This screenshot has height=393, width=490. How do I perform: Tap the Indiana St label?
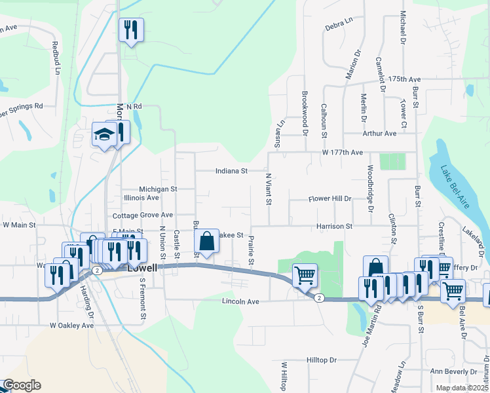click(x=232, y=171)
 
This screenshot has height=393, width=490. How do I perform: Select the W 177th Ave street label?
click(x=342, y=153)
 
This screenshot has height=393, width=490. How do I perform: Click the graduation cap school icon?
click(x=104, y=134)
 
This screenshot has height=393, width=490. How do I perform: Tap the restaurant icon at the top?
click(x=130, y=29)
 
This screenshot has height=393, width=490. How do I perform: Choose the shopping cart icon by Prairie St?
click(x=305, y=275)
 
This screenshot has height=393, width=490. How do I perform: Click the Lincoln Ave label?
click(x=241, y=301)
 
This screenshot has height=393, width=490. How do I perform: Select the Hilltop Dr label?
click(x=321, y=360)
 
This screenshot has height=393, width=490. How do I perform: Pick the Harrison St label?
click(x=335, y=226)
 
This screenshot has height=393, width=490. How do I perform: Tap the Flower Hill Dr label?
click(x=330, y=198)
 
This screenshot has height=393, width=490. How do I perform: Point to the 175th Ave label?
click(x=404, y=79)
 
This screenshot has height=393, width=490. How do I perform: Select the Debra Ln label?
click(x=339, y=27)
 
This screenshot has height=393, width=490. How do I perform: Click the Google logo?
click(x=22, y=385)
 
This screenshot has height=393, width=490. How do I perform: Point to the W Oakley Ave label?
click(x=72, y=325)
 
